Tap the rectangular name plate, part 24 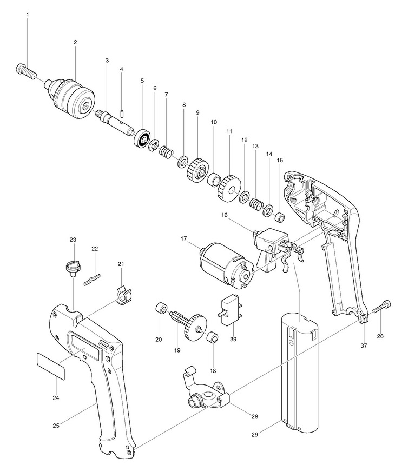[x=50, y=365]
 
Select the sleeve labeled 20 [x=161, y=308]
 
